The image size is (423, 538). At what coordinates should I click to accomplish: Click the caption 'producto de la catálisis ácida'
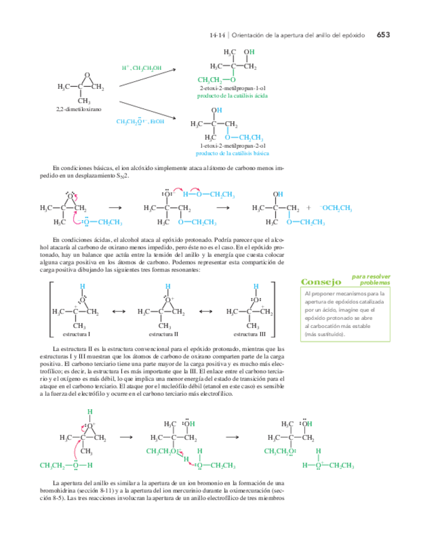pyautogui.click(x=232, y=95)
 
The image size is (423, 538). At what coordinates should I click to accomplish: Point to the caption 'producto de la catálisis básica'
pyautogui.click(x=232, y=153)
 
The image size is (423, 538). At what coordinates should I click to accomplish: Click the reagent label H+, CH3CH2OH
pyautogui.click(x=142, y=68)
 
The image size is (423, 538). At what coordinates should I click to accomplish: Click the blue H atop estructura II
pyautogui.click(x=167, y=268)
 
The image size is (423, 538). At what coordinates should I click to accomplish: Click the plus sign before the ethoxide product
pyautogui.click(x=309, y=207)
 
